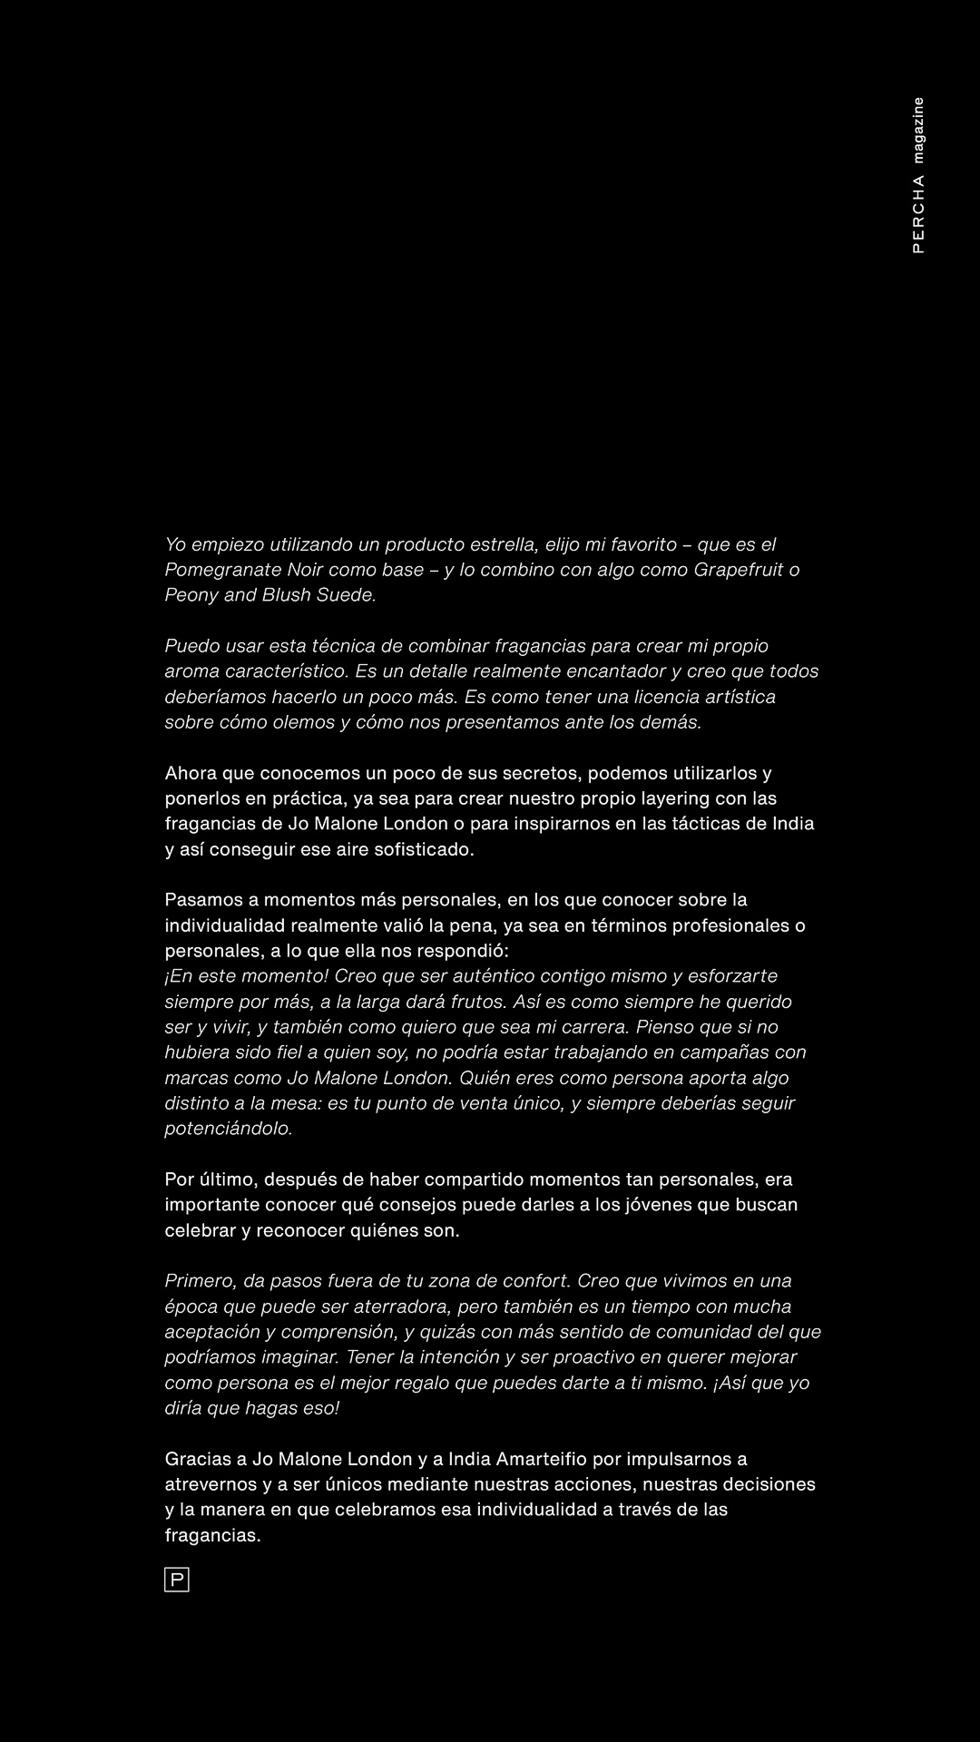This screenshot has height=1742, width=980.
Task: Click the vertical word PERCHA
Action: point(918,214)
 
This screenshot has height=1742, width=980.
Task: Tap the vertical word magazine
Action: point(918,131)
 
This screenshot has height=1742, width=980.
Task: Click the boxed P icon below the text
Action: point(176,1580)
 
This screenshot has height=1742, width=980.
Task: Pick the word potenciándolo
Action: point(229,1129)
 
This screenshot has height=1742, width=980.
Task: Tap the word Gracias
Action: point(197,1459)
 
